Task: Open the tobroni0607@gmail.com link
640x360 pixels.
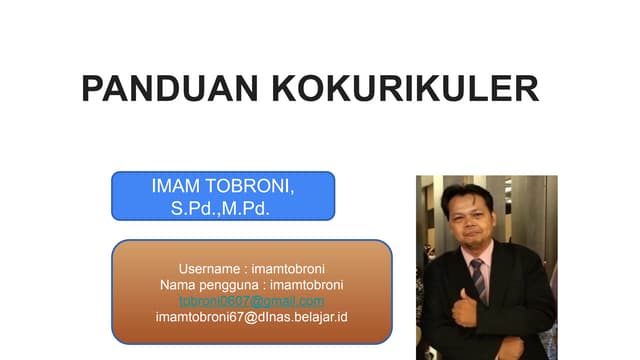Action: (x=251, y=301)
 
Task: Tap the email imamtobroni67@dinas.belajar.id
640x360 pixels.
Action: (x=251, y=317)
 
